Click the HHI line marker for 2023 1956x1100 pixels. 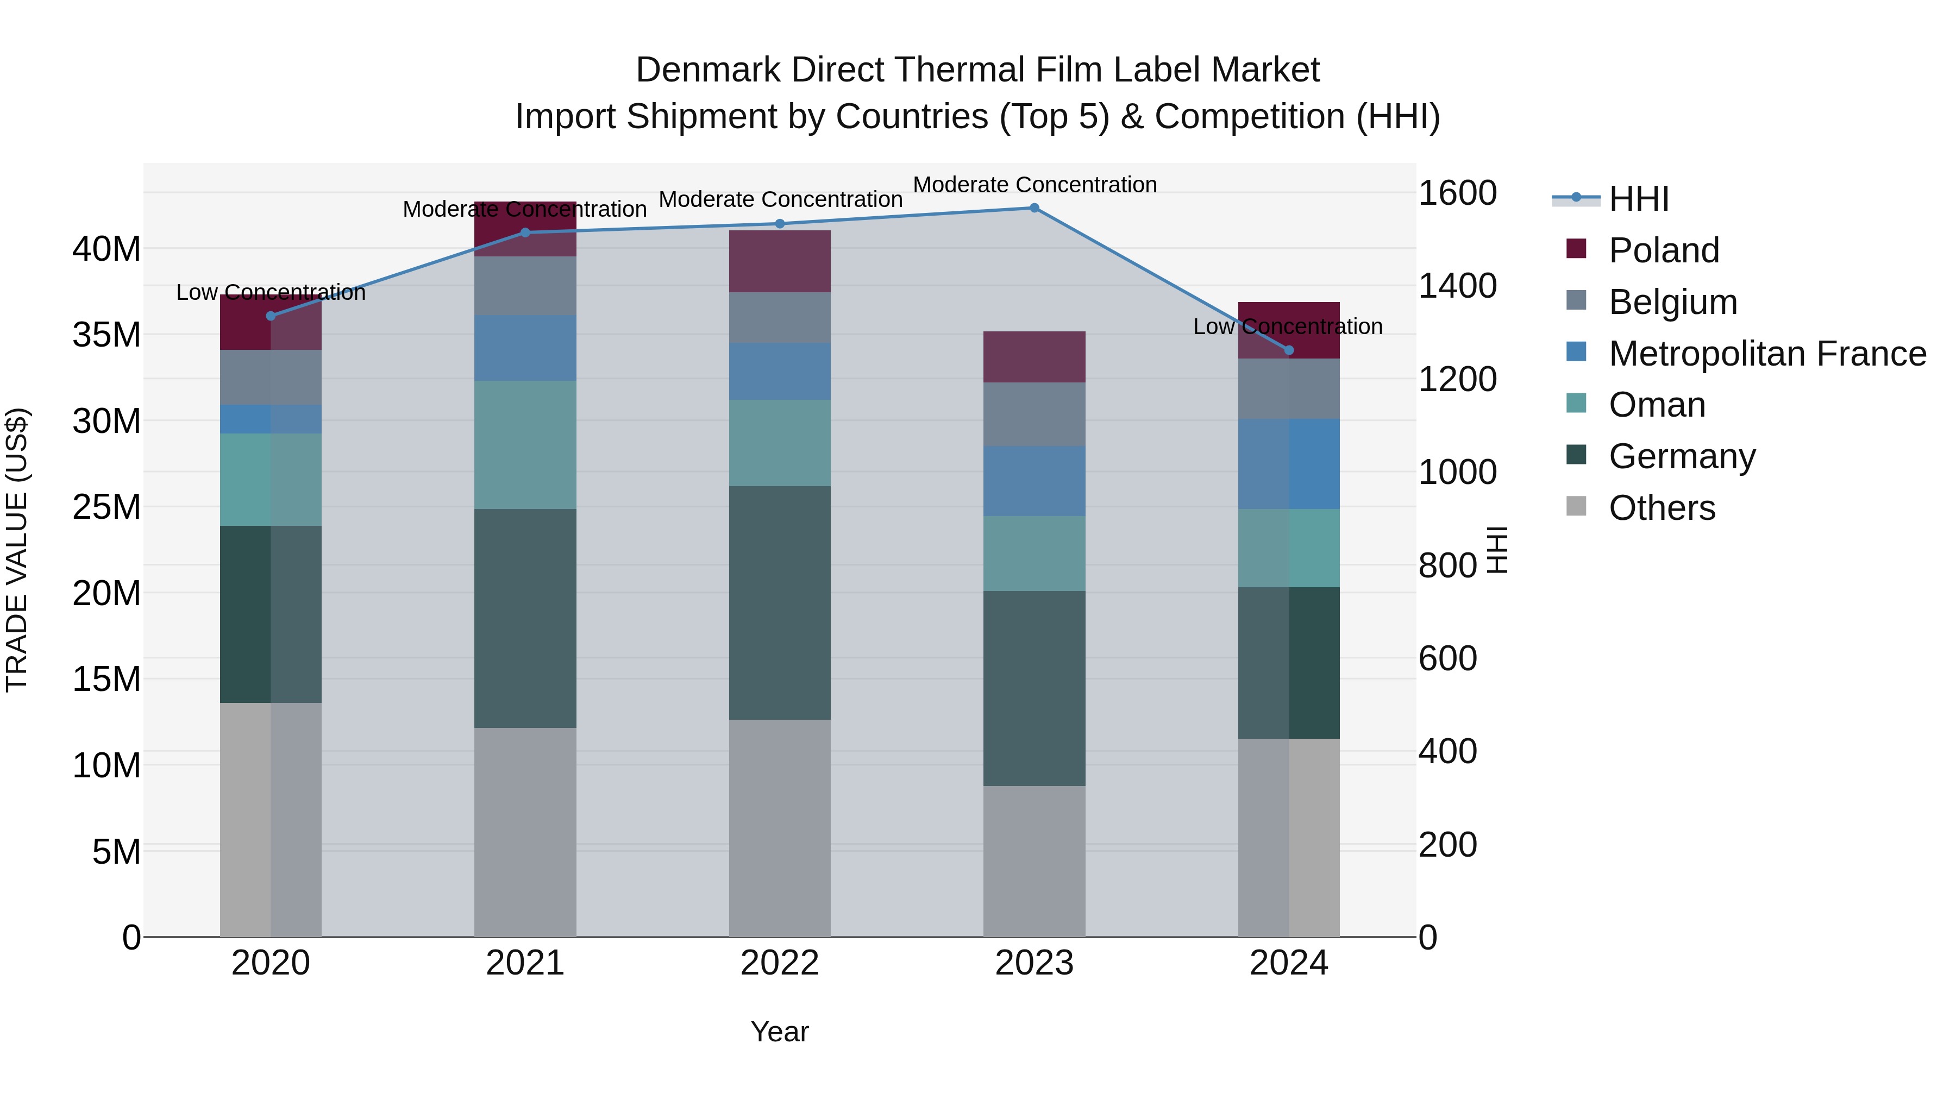tap(1033, 208)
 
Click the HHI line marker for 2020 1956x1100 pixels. tap(271, 316)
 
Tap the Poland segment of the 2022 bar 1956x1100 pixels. tap(779, 261)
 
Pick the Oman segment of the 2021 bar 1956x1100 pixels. tap(525, 444)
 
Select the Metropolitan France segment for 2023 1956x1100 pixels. tap(1033, 481)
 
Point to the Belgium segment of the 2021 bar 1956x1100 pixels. tap(525, 285)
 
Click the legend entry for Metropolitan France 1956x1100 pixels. tap(1767, 354)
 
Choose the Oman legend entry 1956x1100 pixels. tap(1657, 405)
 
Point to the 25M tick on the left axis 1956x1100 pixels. tap(106, 506)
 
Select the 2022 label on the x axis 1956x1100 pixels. tap(779, 963)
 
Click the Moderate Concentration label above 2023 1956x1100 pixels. tap(1034, 185)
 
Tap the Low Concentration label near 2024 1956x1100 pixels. tap(1287, 326)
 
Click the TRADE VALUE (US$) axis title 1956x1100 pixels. tap(17, 550)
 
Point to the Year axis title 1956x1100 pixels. tap(779, 1032)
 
